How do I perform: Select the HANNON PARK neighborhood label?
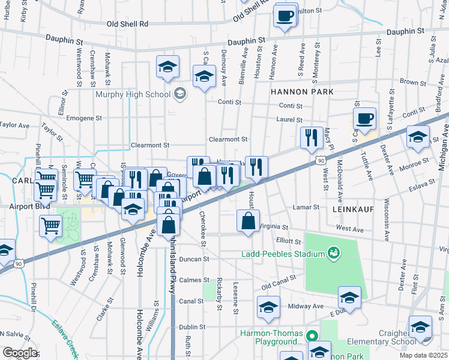point(301,91)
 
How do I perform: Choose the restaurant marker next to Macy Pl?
point(310,138)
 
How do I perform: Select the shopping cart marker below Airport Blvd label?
point(51,226)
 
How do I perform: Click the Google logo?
point(20,353)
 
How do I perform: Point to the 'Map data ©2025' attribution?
point(423,355)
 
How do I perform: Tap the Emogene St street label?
point(85,118)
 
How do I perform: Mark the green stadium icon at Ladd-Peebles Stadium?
point(331,253)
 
